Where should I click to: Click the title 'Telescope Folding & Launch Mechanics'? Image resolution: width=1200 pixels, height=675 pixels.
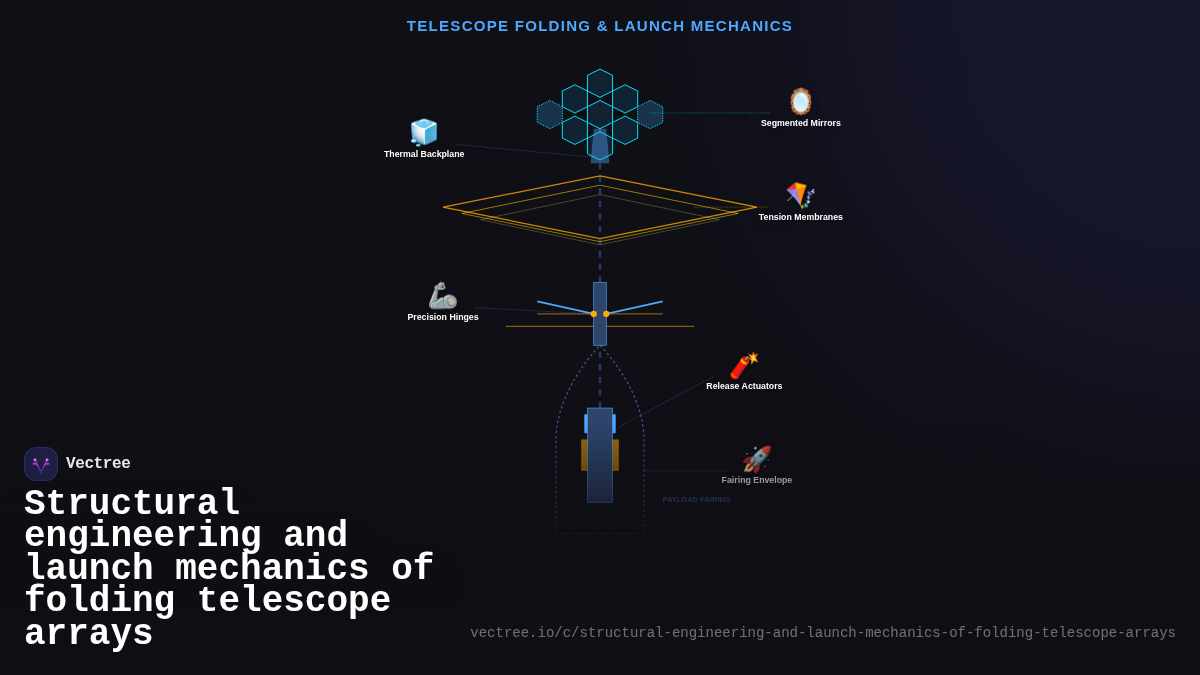[x=599, y=26]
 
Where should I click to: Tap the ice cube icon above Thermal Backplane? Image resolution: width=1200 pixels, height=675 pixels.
[x=424, y=132]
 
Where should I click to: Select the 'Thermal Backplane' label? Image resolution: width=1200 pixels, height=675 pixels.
[x=424, y=154]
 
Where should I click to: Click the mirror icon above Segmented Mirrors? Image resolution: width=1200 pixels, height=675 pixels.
[x=801, y=102]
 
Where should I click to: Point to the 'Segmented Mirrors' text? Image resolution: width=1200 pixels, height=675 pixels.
[x=800, y=123]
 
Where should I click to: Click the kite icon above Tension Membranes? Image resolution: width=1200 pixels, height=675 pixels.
[x=800, y=195]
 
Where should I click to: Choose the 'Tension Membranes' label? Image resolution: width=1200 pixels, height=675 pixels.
[x=800, y=217]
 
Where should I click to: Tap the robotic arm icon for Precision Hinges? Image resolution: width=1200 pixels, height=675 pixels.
[x=442, y=296]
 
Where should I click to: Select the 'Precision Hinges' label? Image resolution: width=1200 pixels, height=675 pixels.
[x=443, y=317]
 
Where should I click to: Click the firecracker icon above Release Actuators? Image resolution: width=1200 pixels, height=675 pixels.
[x=744, y=365]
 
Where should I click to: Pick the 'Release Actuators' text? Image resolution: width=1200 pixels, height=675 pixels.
[x=744, y=386]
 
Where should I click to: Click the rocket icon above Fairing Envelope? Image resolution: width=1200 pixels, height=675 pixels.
[x=757, y=459]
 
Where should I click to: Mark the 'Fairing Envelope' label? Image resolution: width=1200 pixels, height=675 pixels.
[x=757, y=480]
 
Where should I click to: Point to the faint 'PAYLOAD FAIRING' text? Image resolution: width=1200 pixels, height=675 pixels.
[x=696, y=499]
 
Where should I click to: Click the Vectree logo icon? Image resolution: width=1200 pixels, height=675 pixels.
[x=41, y=464]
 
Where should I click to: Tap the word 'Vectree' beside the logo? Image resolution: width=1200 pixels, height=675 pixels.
[x=98, y=464]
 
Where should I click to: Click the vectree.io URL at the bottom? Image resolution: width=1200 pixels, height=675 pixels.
[x=822, y=633]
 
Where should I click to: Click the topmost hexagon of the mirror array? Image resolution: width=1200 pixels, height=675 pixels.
[x=600, y=83]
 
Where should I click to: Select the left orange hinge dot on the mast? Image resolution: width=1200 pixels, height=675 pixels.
[x=593, y=314]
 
